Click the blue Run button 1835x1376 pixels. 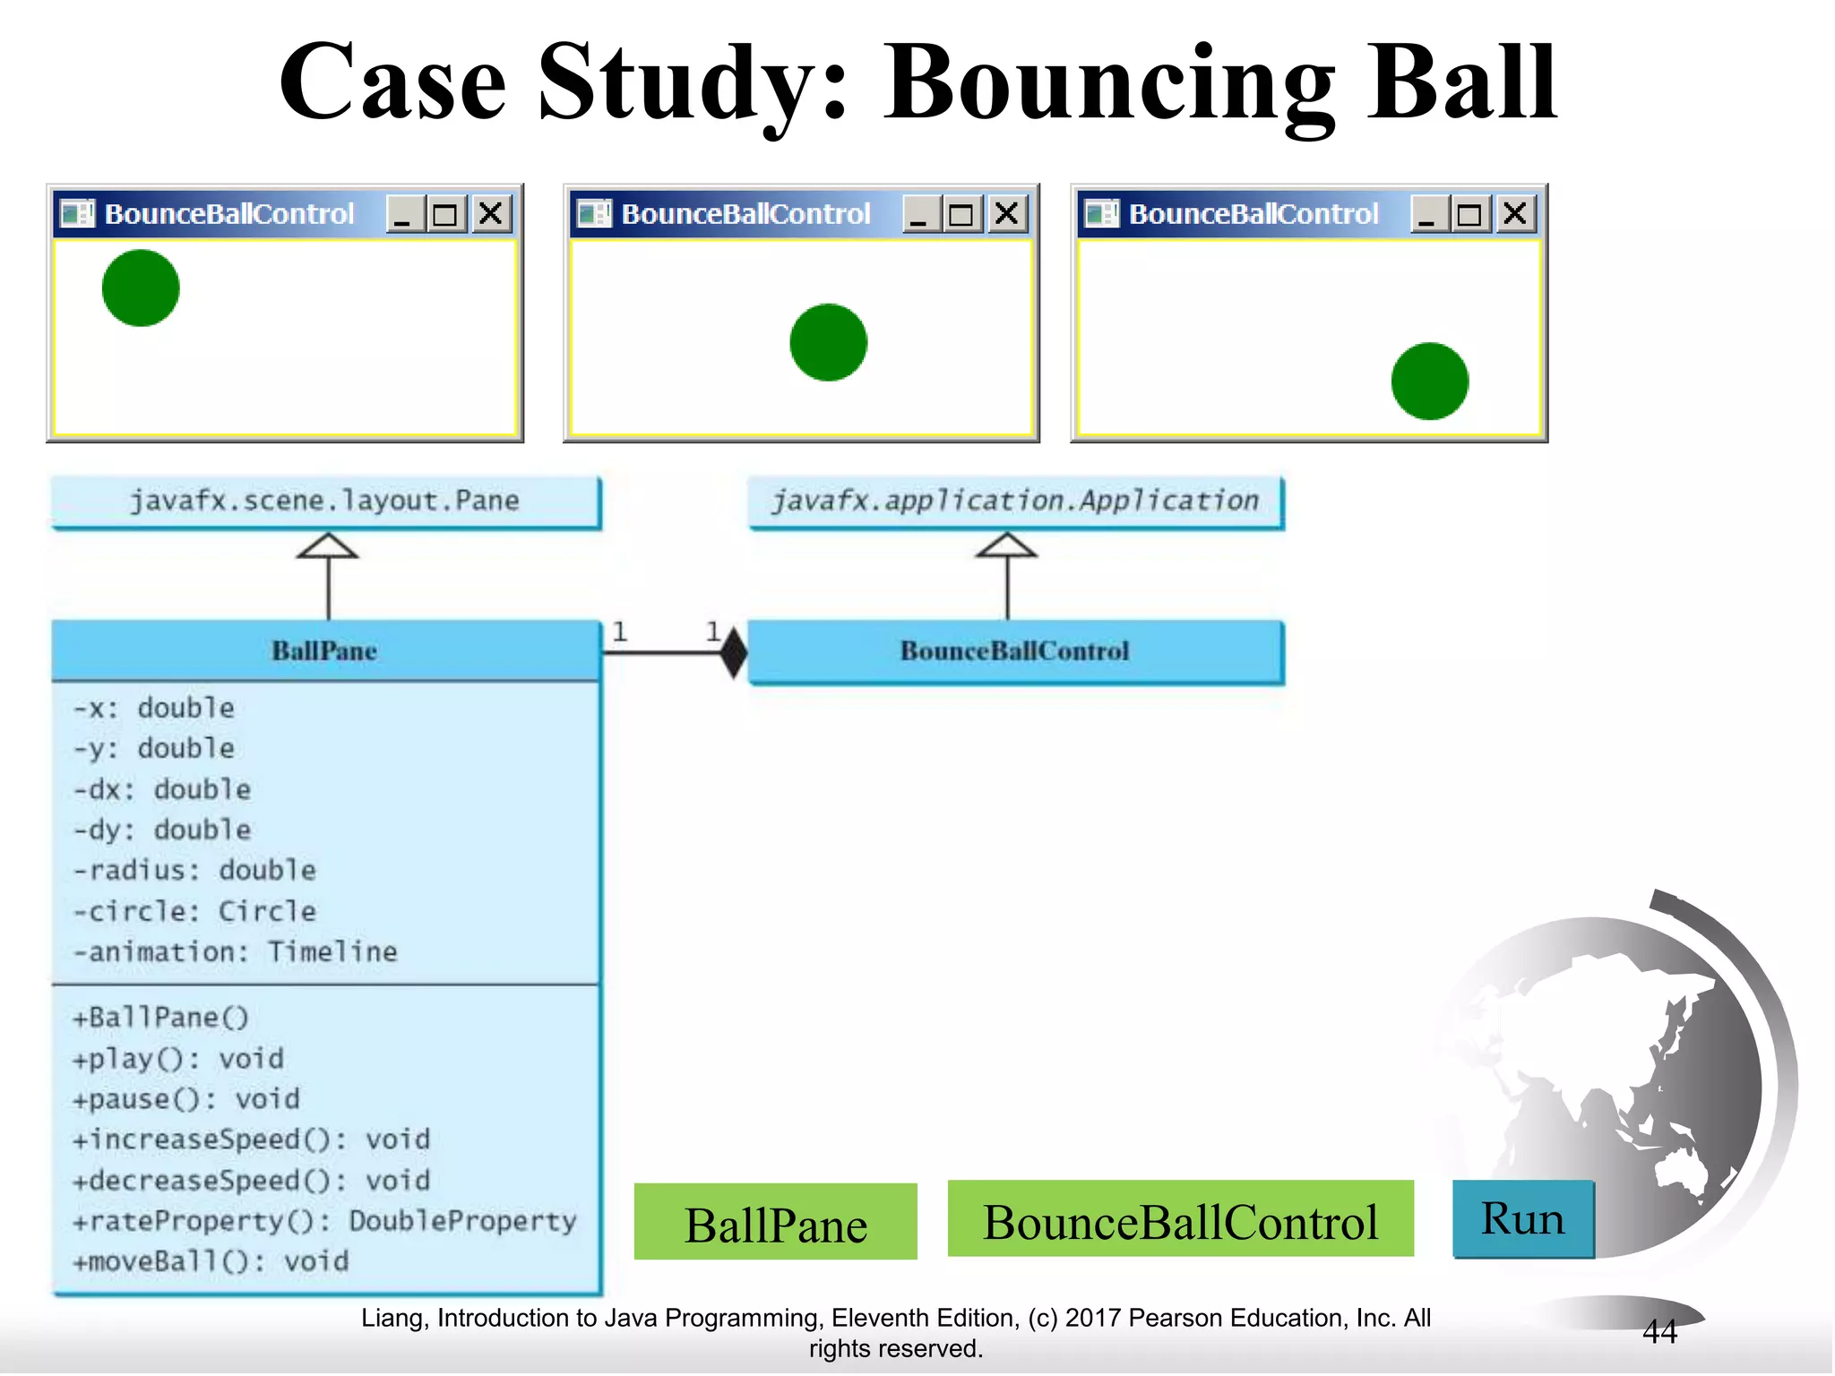click(x=1522, y=1219)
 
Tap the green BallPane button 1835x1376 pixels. click(x=775, y=1223)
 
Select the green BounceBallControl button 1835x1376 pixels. click(x=1180, y=1220)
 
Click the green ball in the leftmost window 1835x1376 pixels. click(x=141, y=288)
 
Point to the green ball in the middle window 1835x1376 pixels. click(x=828, y=342)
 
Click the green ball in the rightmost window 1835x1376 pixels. click(x=1429, y=381)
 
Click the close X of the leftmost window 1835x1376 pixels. click(x=490, y=214)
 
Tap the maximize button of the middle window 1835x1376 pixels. click(x=961, y=214)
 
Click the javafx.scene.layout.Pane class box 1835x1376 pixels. click(x=325, y=501)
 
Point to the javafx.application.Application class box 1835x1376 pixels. click(x=1015, y=501)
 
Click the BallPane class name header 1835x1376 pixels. click(x=325, y=650)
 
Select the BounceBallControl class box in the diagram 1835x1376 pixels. click(x=1015, y=651)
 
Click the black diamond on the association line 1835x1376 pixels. click(x=734, y=652)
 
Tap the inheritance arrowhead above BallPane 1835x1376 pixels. click(x=328, y=546)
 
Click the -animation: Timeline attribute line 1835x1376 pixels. click(x=235, y=951)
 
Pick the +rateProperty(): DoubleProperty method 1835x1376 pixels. click(x=324, y=1221)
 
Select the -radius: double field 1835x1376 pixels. click(x=194, y=870)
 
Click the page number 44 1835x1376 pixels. click(x=1659, y=1332)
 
